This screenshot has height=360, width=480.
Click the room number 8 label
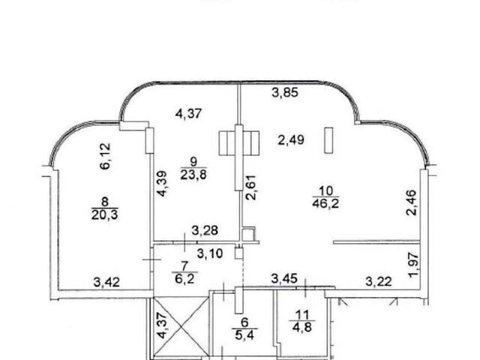coord(105,202)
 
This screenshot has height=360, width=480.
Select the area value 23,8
coord(193,175)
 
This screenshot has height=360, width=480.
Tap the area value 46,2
coord(325,203)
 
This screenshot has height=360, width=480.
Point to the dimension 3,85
coord(285,92)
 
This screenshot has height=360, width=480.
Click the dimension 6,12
coord(105,156)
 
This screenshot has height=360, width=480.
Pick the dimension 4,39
coord(162,183)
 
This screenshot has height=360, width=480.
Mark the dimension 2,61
coord(251,187)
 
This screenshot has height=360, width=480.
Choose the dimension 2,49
coord(291,140)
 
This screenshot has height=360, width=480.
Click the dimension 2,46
coord(411,202)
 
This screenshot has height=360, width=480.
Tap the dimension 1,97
coord(414,265)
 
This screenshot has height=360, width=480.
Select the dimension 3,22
coord(379,281)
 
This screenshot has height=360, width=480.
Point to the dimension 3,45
coord(284,278)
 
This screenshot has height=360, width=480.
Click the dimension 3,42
coord(106,282)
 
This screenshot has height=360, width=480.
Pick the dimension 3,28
coord(205,230)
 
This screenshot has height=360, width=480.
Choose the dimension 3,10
coord(210,253)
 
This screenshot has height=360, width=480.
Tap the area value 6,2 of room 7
coord(185,279)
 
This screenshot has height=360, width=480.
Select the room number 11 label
coord(301,315)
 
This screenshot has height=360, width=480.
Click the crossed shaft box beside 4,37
coord(181,327)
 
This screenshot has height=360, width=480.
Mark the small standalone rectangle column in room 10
coord(328,140)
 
